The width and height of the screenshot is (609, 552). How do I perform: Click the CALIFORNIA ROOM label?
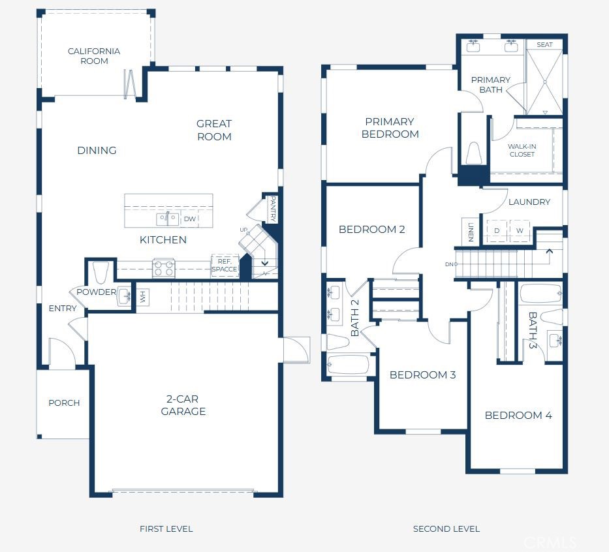point(94,56)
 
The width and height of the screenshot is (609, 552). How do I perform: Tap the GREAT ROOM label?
point(214,130)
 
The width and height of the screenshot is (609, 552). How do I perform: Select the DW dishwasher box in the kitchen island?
point(190,219)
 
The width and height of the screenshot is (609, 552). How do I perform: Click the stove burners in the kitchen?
point(163,268)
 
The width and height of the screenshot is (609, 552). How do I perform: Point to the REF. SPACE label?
point(225,265)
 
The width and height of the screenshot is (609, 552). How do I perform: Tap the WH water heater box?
point(143,298)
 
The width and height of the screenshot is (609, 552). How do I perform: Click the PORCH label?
point(64,403)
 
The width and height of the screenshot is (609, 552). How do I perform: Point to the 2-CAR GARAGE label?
point(183,405)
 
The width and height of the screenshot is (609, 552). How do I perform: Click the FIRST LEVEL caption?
point(166,529)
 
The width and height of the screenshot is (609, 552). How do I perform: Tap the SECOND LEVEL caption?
point(446,529)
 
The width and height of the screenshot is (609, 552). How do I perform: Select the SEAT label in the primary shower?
point(544,44)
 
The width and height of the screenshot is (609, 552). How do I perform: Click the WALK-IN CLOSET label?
point(522,150)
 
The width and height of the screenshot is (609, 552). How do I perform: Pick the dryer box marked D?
point(497,231)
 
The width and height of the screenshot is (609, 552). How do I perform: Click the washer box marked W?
point(520,231)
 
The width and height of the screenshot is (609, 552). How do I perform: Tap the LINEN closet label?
point(470,231)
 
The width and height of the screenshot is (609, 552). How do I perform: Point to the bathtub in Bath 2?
point(349,365)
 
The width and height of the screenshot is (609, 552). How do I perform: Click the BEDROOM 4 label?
point(518,415)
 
